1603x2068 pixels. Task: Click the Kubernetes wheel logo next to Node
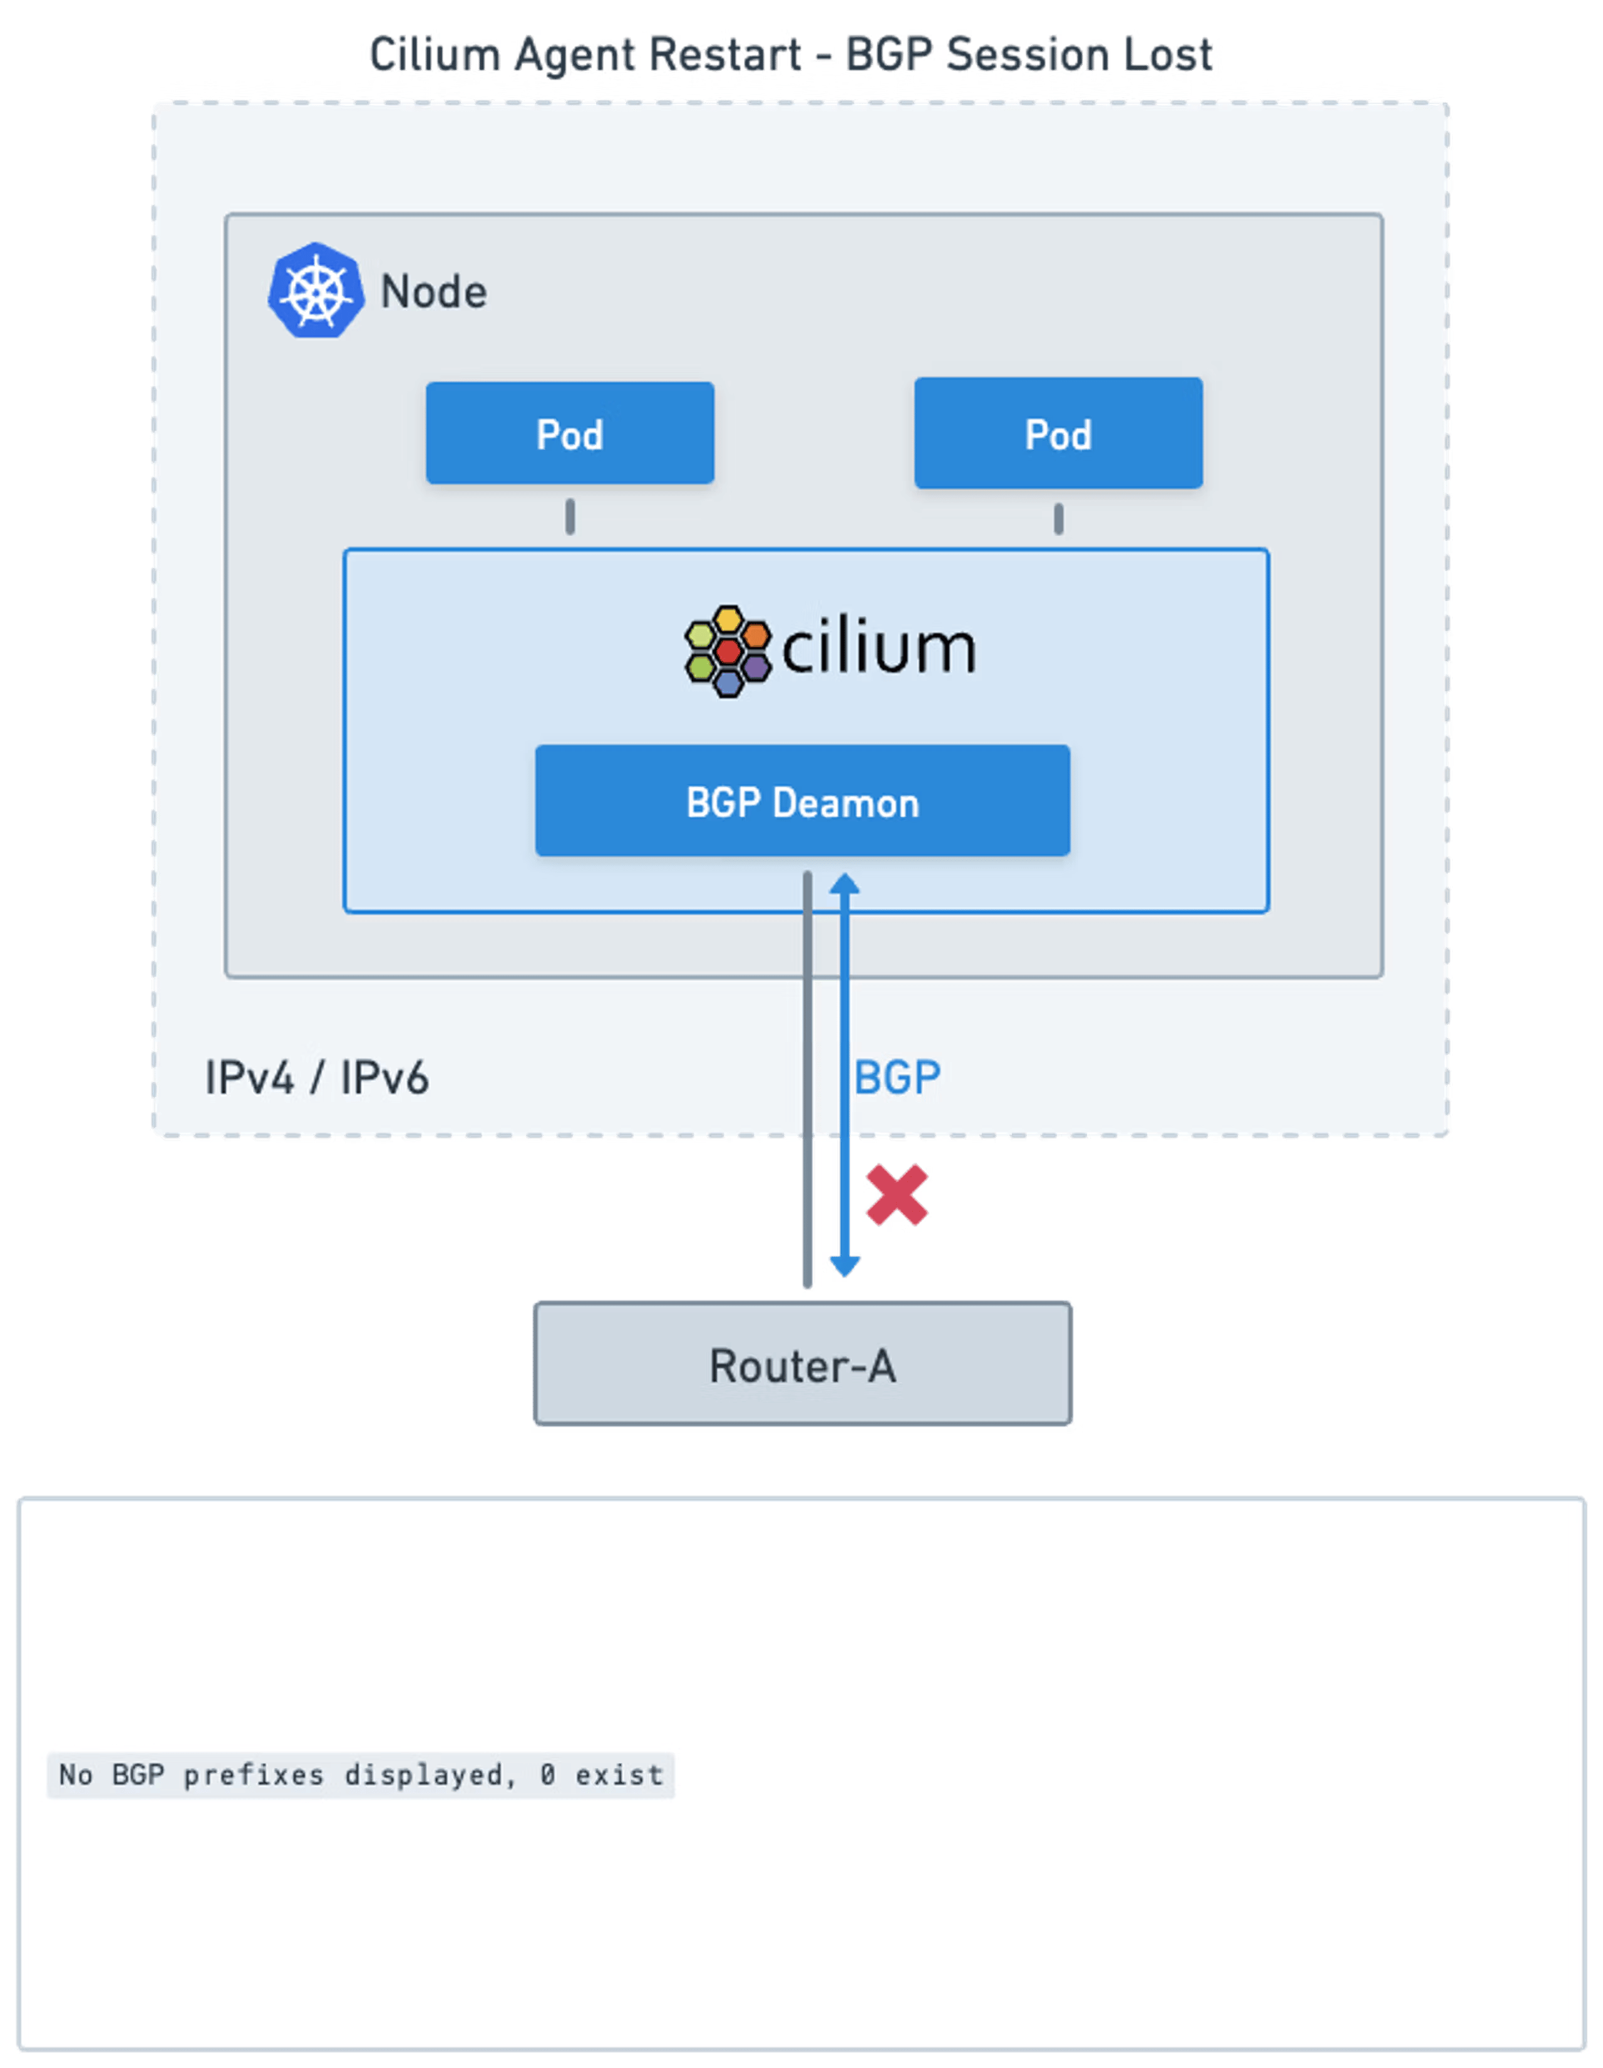tap(316, 290)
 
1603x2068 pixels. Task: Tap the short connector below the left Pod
tap(570, 517)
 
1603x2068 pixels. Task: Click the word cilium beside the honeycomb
tap(879, 649)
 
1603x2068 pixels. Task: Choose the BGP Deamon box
tap(802, 801)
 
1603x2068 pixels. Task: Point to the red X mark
tap(895, 1196)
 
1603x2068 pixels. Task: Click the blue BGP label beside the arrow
tap(897, 1078)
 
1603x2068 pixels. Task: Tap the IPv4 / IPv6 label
tap(316, 1078)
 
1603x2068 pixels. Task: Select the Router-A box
tap(802, 1364)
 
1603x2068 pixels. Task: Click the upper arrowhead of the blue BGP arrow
tap(843, 883)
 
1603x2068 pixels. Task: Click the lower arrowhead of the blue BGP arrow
tap(843, 1266)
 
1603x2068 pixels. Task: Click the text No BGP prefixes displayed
tap(284, 1774)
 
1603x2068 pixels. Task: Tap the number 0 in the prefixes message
tap(547, 1774)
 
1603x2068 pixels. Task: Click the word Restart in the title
tap(724, 54)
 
